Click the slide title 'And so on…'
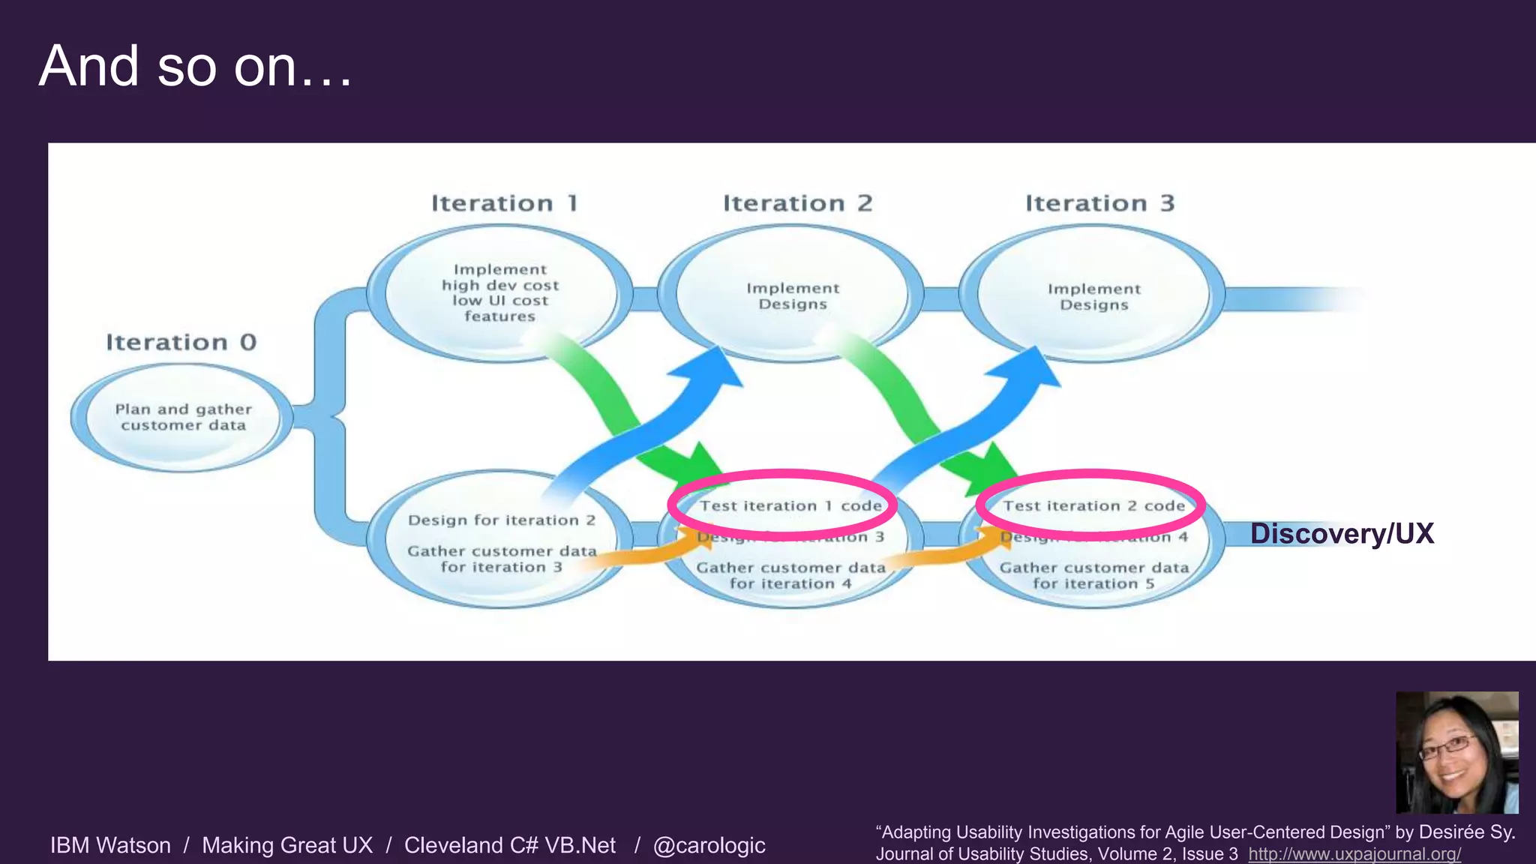point(195,66)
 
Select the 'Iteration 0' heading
point(181,343)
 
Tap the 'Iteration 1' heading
point(504,203)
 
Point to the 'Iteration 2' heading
point(797,203)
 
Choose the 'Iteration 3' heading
point(1099,203)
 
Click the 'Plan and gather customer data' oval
point(183,418)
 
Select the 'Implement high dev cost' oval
point(499,292)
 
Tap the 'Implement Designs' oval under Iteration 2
point(793,296)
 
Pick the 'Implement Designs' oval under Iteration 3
point(1093,297)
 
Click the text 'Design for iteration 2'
point(501,520)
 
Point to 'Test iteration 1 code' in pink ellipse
point(790,506)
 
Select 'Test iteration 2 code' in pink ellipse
point(1093,506)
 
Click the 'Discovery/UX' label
point(1341,534)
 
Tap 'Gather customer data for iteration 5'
point(1093,576)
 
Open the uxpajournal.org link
point(1354,854)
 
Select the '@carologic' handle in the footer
point(709,845)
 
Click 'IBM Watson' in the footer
point(110,845)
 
